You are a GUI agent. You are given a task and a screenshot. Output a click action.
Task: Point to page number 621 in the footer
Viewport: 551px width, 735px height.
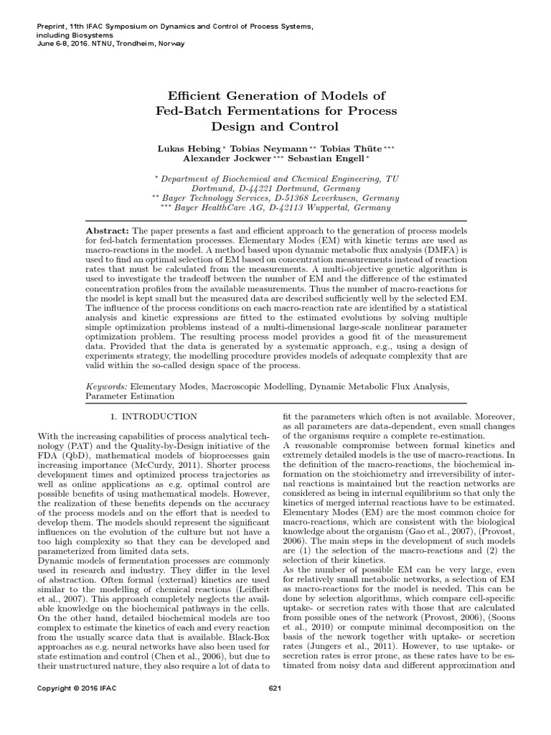275,689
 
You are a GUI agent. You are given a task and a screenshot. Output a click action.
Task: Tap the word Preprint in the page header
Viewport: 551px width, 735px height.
50,27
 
